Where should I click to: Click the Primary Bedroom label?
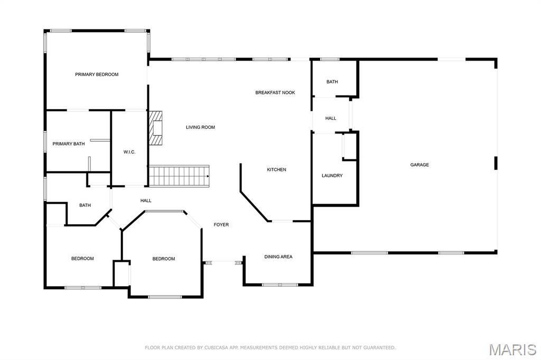(x=97, y=74)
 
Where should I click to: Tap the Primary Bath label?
(x=68, y=144)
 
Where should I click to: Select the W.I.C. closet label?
(x=129, y=152)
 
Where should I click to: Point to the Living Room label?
(x=200, y=127)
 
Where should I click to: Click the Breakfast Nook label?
(x=275, y=92)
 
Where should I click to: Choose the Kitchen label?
(x=276, y=169)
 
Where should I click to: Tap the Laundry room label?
(x=332, y=176)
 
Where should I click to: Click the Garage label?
(x=419, y=165)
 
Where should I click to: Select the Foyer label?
(x=221, y=224)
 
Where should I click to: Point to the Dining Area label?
(x=278, y=257)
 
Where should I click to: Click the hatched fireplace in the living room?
(x=156, y=128)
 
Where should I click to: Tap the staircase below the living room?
(x=179, y=176)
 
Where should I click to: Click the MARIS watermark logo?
(x=512, y=349)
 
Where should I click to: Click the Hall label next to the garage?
(x=331, y=118)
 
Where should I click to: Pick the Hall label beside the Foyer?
(x=146, y=201)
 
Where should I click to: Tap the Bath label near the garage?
(x=332, y=82)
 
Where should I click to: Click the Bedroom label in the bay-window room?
(x=164, y=259)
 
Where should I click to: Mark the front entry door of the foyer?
(x=223, y=263)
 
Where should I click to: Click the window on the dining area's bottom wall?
(x=280, y=285)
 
